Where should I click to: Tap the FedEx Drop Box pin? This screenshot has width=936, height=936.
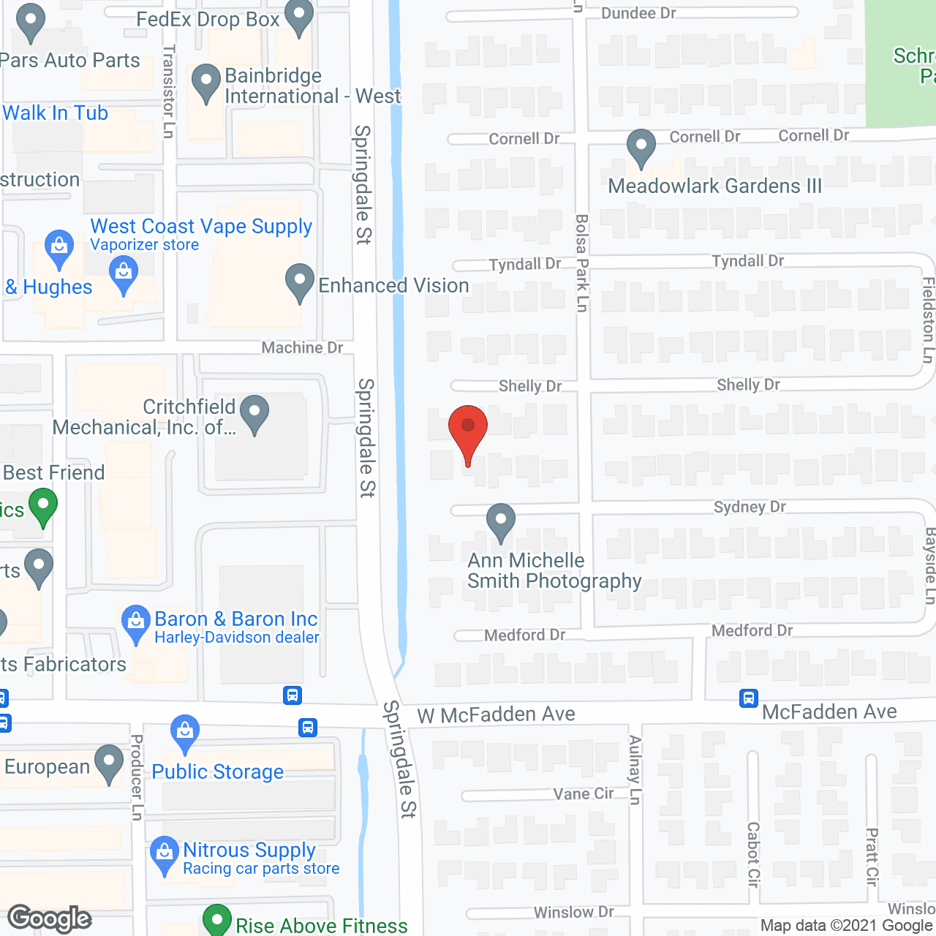click(x=298, y=20)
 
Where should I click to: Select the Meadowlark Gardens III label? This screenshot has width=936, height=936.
click(x=714, y=186)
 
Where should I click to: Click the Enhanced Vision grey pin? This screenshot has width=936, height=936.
click(x=299, y=283)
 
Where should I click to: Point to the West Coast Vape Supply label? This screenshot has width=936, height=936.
click(x=201, y=227)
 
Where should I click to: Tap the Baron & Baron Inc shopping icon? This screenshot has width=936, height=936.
click(x=135, y=624)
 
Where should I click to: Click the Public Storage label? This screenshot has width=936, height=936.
click(x=217, y=771)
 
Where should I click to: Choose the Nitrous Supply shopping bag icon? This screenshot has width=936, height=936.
click(x=165, y=855)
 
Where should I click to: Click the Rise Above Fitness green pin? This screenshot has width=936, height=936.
click(x=216, y=921)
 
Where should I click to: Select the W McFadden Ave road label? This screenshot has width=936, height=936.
click(x=496, y=714)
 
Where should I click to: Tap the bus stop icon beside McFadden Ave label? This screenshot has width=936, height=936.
click(x=749, y=698)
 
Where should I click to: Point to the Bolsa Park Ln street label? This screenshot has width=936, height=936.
click(x=582, y=263)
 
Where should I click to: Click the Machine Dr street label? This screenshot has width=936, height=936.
click(x=302, y=347)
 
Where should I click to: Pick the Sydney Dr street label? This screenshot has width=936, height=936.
click(x=750, y=507)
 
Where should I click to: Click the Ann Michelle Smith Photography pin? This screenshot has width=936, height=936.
click(x=501, y=523)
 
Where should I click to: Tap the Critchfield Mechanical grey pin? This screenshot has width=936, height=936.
click(x=254, y=414)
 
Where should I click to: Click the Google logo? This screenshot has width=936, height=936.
click(x=50, y=918)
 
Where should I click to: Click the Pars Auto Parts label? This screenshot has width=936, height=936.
click(x=70, y=60)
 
